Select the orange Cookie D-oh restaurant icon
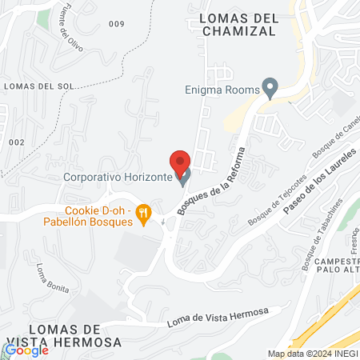[x=144, y=213]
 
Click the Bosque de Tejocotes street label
[x=277, y=197]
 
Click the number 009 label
[x=117, y=24]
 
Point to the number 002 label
[x=17, y=142]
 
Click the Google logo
[x=26, y=350]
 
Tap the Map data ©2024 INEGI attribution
[x=311, y=354]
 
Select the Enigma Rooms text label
[x=222, y=90]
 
